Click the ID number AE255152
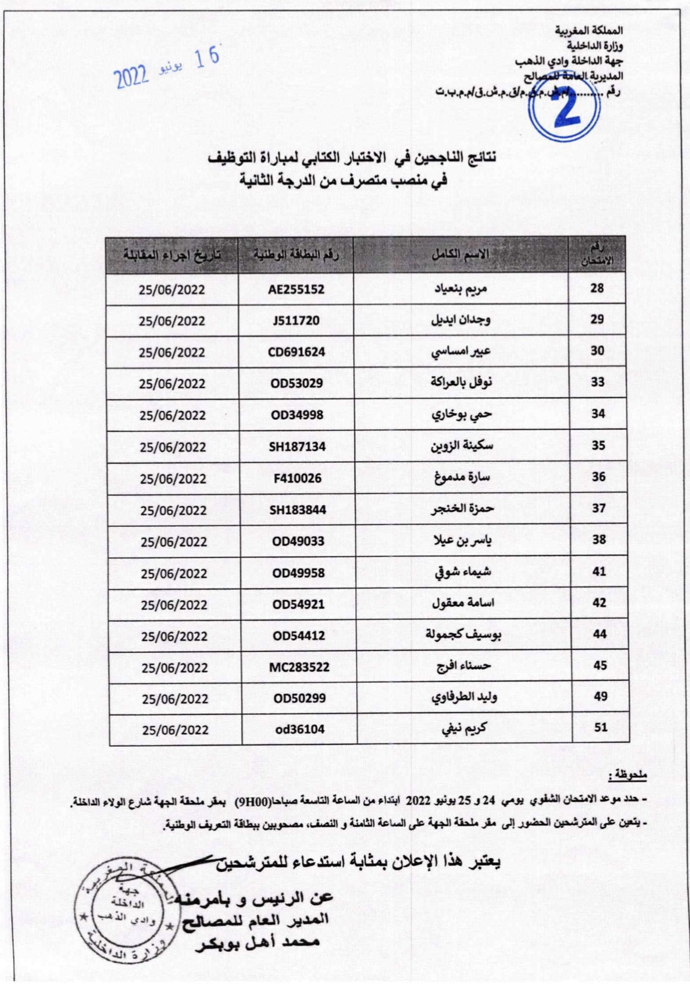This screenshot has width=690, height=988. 296,289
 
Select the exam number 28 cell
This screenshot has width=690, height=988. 596,289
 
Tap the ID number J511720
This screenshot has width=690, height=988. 296,321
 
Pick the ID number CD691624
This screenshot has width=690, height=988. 296,352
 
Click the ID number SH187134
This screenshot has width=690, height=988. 297,447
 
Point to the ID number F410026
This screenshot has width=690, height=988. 297,479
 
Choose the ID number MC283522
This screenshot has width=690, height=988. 299,667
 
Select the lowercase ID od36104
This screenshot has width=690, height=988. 298,729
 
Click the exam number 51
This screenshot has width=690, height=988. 600,728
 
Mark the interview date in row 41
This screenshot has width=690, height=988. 174,573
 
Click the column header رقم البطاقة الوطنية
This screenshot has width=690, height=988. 296,255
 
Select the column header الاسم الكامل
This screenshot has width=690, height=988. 460,254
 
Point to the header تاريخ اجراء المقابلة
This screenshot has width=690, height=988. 172,255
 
